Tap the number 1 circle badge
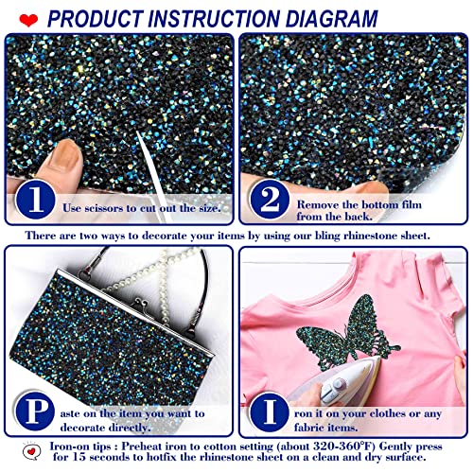click(34, 202)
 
